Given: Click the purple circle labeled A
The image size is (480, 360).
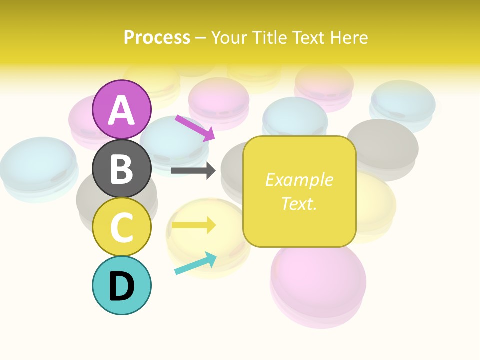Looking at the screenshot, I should click(122, 109).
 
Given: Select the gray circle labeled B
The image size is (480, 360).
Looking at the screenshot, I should click(122, 168).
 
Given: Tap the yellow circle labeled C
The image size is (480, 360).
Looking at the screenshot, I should click(122, 227).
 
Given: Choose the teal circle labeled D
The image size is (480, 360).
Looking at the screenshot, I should click(122, 285).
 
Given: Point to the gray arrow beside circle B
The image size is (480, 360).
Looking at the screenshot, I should click(194, 171).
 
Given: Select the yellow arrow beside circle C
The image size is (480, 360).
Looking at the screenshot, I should click(194, 225).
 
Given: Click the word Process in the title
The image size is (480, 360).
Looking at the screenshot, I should click(157, 37).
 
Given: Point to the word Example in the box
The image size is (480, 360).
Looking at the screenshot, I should click(299, 180).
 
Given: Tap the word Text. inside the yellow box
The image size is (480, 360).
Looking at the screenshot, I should click(299, 203).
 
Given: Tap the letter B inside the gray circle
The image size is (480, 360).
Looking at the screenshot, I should click(122, 169).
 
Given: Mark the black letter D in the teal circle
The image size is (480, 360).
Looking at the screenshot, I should click(122, 286).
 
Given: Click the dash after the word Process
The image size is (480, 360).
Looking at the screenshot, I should click(201, 38).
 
